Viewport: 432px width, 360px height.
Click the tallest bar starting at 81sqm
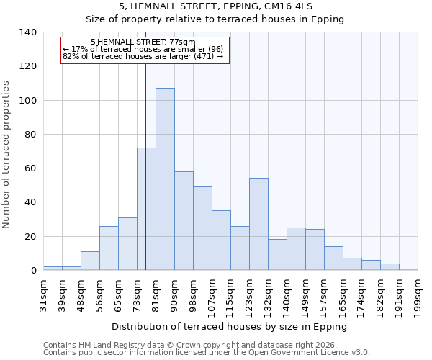click(165, 179)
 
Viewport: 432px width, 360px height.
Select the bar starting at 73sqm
click(146, 209)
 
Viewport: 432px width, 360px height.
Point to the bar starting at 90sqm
click(184, 221)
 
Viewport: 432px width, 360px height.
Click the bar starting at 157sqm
click(333, 258)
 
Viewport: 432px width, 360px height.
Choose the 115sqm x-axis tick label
click(230, 294)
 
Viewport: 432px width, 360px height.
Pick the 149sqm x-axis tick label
click(305, 294)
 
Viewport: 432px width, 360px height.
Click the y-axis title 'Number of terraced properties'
click(7, 154)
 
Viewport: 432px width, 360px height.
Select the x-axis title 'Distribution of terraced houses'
click(230, 326)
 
